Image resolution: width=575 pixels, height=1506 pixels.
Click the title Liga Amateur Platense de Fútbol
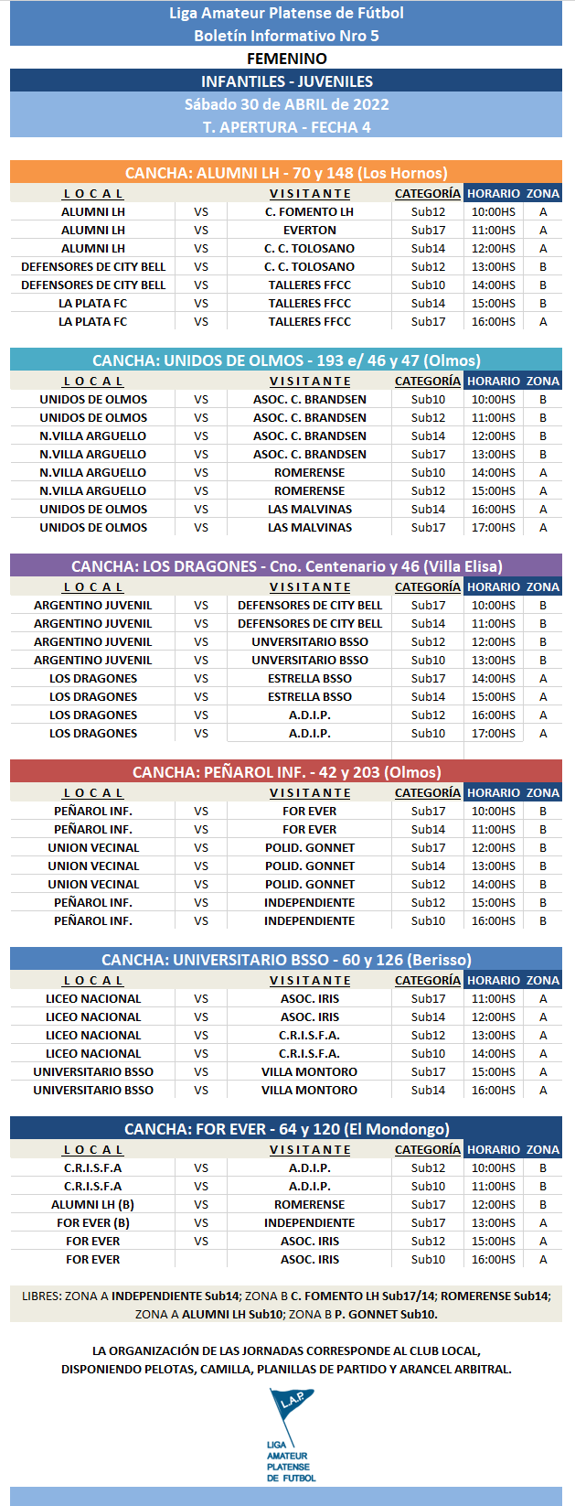286,13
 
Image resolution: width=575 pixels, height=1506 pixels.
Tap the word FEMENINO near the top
286,59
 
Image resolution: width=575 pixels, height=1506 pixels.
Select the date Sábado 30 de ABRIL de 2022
286,104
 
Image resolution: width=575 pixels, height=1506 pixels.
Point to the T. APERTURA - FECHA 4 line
286,127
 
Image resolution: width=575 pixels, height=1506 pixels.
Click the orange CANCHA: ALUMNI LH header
286,173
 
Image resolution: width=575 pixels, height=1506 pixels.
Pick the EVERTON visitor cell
310,231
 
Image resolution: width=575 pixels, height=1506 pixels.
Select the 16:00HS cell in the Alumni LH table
493,322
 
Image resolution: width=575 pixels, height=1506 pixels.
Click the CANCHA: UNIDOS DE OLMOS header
286,360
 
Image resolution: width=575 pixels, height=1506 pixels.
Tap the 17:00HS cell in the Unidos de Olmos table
493,528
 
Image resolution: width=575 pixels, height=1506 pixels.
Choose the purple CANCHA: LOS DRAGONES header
286,566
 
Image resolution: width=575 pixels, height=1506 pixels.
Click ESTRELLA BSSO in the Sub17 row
310,679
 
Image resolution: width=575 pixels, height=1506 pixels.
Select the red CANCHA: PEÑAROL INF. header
286,772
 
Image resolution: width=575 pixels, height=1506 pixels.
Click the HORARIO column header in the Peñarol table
493,793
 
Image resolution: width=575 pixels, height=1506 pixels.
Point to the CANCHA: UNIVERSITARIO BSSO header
286,960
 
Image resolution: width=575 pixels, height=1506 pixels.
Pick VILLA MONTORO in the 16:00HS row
310,1091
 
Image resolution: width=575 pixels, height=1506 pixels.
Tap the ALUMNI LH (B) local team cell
92,1205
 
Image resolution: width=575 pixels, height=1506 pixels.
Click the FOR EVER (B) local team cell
92,1223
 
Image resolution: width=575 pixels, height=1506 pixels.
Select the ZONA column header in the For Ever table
543,1150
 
